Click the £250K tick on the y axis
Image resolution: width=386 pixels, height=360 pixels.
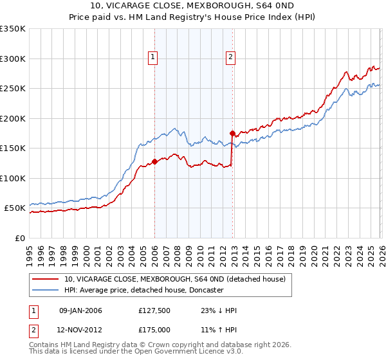[x=13, y=88]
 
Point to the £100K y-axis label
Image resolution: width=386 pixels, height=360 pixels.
[x=13, y=178]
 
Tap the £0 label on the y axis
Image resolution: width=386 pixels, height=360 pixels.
[x=19, y=238]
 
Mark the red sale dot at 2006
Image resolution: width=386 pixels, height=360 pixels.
[x=154, y=161]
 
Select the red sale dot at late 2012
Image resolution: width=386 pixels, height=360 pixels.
[x=232, y=133]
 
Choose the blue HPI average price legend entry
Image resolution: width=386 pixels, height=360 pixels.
[x=143, y=290]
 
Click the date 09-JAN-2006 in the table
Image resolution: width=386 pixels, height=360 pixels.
[x=80, y=310]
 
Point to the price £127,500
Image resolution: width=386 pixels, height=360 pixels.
[x=155, y=310]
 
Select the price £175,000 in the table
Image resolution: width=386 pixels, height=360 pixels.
[x=155, y=329]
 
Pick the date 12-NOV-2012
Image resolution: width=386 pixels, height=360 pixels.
[x=80, y=329]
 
